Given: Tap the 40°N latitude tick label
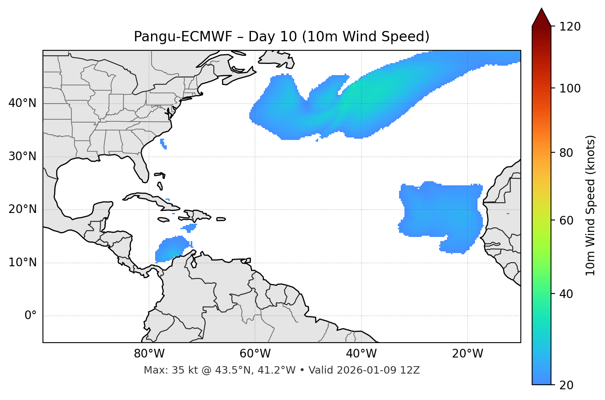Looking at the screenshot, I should (22, 103).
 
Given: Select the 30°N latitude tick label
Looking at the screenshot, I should (22, 156).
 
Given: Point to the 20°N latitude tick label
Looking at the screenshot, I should (22, 209).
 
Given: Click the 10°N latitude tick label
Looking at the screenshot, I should (22, 263).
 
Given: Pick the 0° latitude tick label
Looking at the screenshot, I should (31, 316).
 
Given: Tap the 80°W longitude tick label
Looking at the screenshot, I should (149, 354).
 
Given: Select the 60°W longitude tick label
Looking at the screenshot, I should (255, 354).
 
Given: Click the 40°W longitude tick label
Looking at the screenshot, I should (361, 354).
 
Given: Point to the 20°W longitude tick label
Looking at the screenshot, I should (467, 354).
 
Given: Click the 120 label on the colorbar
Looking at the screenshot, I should (570, 26).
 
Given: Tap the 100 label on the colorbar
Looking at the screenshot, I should (570, 88).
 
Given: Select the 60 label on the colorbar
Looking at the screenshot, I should (567, 220).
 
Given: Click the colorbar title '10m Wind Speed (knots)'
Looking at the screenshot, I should (591, 205).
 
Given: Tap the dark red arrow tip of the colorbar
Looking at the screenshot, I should (541, 17).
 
